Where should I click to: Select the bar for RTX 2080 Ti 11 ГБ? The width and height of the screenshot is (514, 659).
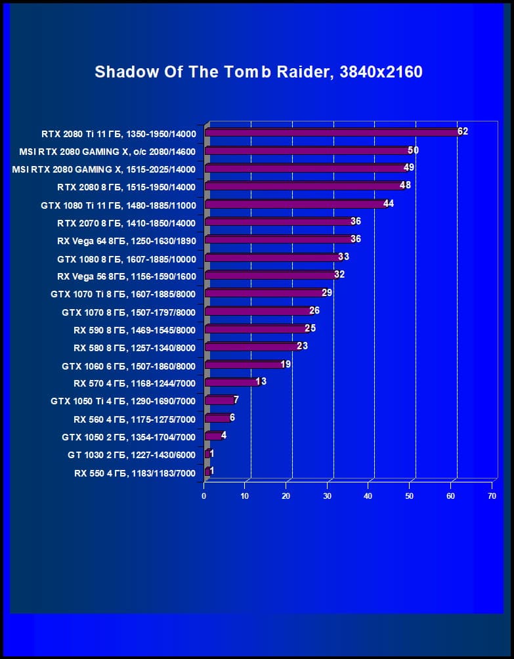[x=332, y=133]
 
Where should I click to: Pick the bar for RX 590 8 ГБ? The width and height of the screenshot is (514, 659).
[x=255, y=329]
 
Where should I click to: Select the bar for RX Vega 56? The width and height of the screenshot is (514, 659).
[x=270, y=275]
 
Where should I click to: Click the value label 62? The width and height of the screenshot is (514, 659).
[x=463, y=131]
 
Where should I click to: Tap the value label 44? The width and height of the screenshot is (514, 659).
[x=389, y=203]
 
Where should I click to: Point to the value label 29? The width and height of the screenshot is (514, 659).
[x=327, y=292]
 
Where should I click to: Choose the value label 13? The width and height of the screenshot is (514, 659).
[x=261, y=381]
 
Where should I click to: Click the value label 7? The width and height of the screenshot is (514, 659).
[x=236, y=399]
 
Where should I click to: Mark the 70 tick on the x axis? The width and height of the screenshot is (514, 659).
[x=492, y=496]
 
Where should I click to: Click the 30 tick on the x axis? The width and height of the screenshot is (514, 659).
[x=328, y=496]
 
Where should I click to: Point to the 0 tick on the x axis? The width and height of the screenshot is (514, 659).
[x=204, y=496]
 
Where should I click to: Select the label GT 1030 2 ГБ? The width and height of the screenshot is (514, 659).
[x=131, y=454]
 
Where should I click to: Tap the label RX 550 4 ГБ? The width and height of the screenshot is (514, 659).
[x=135, y=472]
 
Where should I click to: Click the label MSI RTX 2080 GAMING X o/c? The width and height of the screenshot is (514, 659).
[x=108, y=151]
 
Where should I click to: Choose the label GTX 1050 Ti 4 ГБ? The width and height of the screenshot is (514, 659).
[x=123, y=400]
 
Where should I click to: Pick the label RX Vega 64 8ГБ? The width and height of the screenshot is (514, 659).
[x=126, y=240]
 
